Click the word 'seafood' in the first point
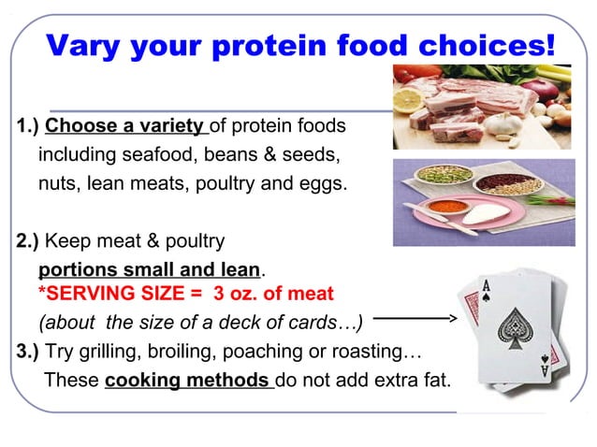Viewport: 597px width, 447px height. point(172,154)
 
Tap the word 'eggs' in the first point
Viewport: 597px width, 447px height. point(321,182)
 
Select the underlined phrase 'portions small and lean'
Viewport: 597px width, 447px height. point(148,269)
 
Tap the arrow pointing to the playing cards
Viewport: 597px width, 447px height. point(412,319)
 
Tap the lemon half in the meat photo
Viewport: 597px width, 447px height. point(410,99)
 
